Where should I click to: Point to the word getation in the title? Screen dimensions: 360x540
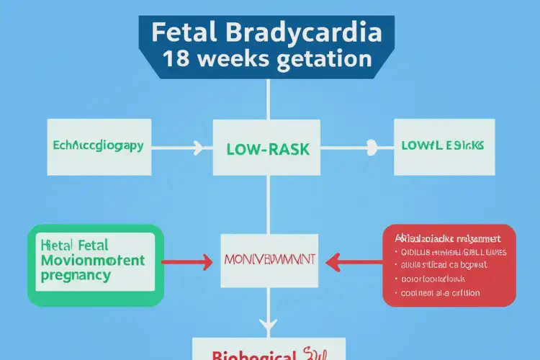click(325, 59)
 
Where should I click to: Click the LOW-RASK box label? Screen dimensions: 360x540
click(268, 150)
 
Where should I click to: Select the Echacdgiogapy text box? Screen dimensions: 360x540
click(98, 146)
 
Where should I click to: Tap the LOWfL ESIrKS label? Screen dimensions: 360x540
click(442, 145)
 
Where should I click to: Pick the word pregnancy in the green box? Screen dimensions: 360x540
click(76, 275)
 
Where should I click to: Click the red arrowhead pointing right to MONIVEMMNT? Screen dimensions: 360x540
click(207, 260)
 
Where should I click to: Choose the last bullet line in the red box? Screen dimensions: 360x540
click(441, 293)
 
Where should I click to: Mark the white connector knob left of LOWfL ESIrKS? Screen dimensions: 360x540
click(372, 148)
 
